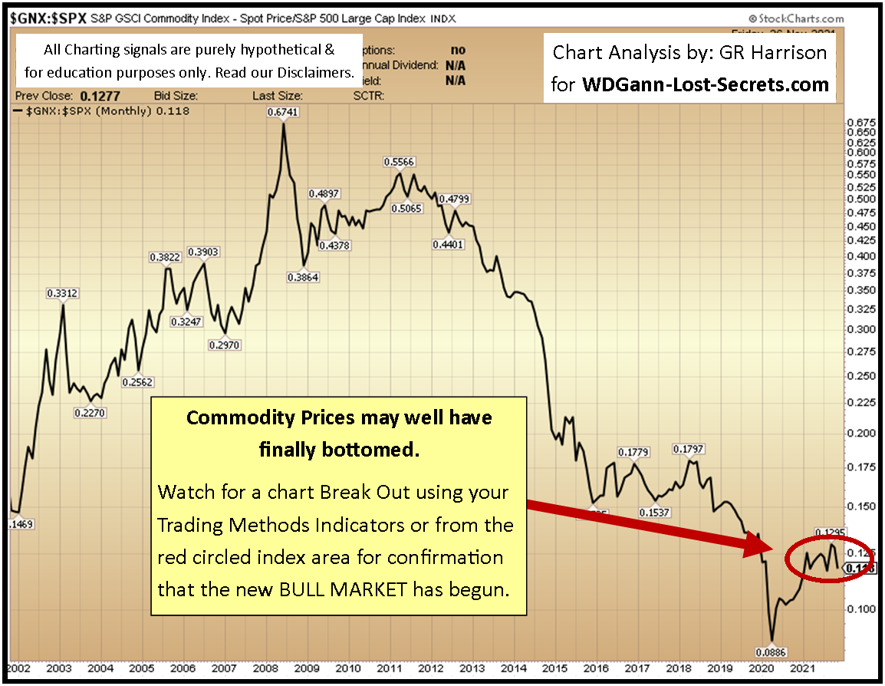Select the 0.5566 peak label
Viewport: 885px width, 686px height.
(x=399, y=162)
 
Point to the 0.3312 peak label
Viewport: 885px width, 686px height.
(x=63, y=292)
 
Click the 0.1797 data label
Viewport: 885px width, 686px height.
(x=688, y=449)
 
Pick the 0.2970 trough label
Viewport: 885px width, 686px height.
(x=225, y=345)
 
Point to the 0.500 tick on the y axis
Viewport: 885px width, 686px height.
(x=860, y=200)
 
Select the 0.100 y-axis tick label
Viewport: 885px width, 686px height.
(x=860, y=609)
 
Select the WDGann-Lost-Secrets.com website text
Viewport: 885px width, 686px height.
(x=706, y=84)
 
